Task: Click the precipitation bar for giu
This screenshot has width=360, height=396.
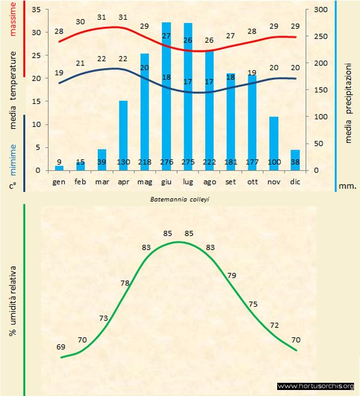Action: [166, 96]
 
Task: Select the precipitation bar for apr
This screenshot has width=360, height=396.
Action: [123, 135]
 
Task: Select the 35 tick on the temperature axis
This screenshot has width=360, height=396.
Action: [36, 10]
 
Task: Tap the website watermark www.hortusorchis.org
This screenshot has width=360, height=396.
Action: [316, 386]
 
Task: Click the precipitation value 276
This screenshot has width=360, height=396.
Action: [166, 162]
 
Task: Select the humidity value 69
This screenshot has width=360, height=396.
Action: [61, 347]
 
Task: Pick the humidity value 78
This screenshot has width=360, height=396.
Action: [125, 283]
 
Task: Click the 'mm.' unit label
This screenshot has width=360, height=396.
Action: [347, 186]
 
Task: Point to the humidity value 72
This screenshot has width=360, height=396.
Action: [275, 325]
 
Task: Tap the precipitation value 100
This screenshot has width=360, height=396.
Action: [274, 162]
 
